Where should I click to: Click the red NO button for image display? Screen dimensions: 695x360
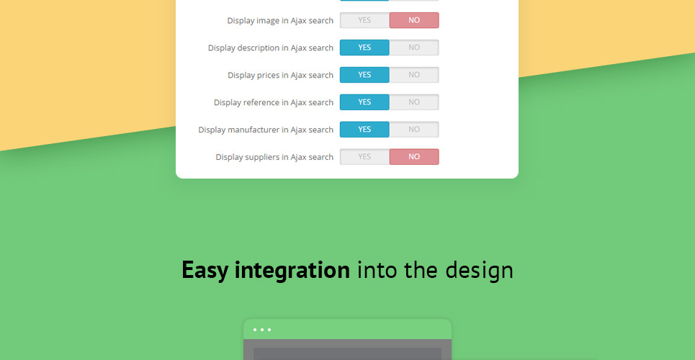[x=414, y=20]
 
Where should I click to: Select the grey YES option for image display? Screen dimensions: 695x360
[x=365, y=20]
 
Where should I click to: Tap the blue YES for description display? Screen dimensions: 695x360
[x=365, y=48]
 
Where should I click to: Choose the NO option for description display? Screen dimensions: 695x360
[x=414, y=48]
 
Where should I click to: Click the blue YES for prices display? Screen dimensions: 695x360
[x=365, y=75]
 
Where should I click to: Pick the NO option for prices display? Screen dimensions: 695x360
[x=414, y=75]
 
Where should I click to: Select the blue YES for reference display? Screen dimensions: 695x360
[x=365, y=102]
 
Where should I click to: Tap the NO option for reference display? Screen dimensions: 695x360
[x=414, y=102]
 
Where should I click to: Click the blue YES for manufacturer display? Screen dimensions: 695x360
[x=365, y=130]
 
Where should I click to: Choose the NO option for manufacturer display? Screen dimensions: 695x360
[x=414, y=130]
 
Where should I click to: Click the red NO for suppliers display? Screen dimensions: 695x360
[x=414, y=156]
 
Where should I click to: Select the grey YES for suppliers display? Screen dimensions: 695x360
[x=365, y=156]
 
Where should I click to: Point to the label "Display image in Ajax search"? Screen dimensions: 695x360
[x=280, y=21]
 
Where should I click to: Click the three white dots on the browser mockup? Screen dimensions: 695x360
[x=262, y=330]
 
